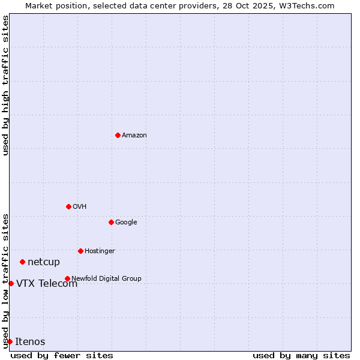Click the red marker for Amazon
click(118, 135)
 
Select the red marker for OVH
click(68, 206)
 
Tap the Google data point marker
click(111, 222)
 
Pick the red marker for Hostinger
click(80, 251)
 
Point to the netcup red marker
click(22, 262)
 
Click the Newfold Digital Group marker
click(67, 278)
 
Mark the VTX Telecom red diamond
click(11, 283)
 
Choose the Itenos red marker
click(10, 341)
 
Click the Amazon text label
click(134, 136)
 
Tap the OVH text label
click(80, 207)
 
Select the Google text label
click(126, 223)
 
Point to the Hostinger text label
click(100, 251)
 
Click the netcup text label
click(44, 262)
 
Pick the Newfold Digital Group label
click(106, 278)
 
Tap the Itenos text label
click(30, 342)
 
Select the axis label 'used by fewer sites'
click(62, 355)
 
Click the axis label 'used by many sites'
click(301, 355)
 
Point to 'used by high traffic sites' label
click(5, 85)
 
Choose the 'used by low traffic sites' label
click(5, 280)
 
